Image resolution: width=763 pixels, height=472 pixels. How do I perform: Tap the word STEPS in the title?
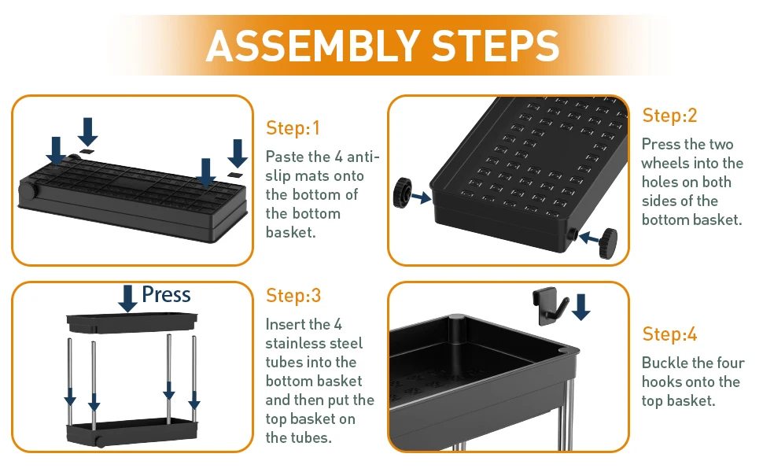click(496, 46)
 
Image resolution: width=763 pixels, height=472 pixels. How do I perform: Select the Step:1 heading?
click(293, 128)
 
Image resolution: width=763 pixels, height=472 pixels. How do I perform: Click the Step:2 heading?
click(669, 116)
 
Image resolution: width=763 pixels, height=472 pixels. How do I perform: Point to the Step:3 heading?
click(293, 295)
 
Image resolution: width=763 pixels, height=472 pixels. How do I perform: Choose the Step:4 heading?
click(669, 334)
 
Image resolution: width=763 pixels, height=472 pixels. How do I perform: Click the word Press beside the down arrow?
click(167, 294)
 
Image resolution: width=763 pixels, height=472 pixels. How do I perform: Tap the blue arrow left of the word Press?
click(127, 298)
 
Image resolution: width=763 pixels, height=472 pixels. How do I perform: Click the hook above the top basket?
click(551, 305)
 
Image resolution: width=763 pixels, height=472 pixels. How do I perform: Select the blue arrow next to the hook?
click(581, 307)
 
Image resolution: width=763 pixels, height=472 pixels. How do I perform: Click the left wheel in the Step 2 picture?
click(403, 193)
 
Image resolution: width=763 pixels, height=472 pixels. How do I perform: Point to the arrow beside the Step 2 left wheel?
click(421, 197)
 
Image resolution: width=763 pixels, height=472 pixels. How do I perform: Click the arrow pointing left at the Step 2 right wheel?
click(589, 238)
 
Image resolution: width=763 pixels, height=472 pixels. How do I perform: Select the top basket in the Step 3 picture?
click(131, 323)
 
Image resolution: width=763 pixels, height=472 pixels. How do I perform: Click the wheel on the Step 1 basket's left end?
click(28, 190)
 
